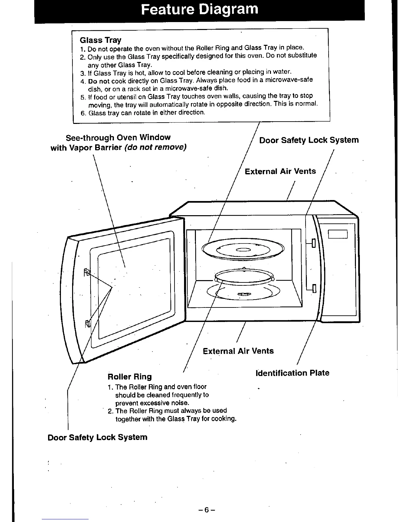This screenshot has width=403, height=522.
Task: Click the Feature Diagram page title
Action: click(x=200, y=10)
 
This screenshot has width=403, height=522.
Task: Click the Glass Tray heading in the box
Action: click(x=100, y=40)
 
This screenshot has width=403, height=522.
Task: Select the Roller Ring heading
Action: click(x=129, y=377)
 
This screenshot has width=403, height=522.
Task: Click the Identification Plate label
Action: click(x=292, y=373)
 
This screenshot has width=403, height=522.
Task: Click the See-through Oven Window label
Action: click(x=118, y=137)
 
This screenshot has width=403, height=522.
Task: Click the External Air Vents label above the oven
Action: click(x=280, y=171)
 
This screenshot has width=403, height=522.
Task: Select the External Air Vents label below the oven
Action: click(x=238, y=351)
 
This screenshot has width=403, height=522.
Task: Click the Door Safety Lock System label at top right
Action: click(x=309, y=140)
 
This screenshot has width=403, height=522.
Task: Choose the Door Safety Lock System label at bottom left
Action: click(x=97, y=438)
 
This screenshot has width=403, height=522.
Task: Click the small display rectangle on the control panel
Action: click(x=338, y=234)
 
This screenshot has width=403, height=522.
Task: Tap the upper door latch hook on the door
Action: click(x=87, y=272)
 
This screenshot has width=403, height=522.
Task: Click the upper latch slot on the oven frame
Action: click(x=313, y=243)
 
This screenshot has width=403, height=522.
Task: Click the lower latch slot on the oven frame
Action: click(x=313, y=289)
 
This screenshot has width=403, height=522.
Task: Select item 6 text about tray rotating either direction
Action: click(x=147, y=113)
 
